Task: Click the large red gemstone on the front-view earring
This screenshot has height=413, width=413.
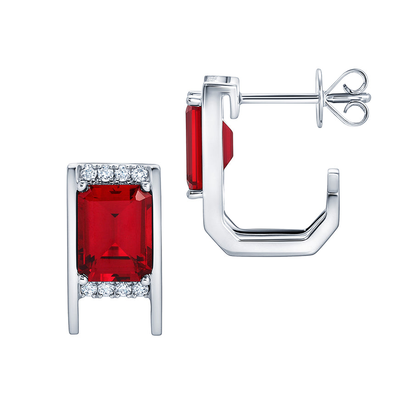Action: coord(115,233)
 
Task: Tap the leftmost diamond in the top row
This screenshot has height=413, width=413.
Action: coord(89,173)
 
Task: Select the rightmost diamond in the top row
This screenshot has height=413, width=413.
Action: coord(140,174)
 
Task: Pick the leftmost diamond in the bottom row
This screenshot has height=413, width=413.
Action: coord(89,290)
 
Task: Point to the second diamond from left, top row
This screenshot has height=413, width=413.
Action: coord(106,173)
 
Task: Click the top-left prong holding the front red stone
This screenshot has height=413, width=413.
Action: coord(82,185)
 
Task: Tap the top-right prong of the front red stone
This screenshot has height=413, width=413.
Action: coord(146,186)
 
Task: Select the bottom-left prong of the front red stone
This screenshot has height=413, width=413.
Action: coord(83,279)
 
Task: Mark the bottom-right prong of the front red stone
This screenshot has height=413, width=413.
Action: coord(145,279)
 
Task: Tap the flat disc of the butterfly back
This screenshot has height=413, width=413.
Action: coord(319,98)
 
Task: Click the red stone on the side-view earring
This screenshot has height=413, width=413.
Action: coord(194,147)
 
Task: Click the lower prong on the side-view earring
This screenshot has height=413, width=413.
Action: coord(194,194)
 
